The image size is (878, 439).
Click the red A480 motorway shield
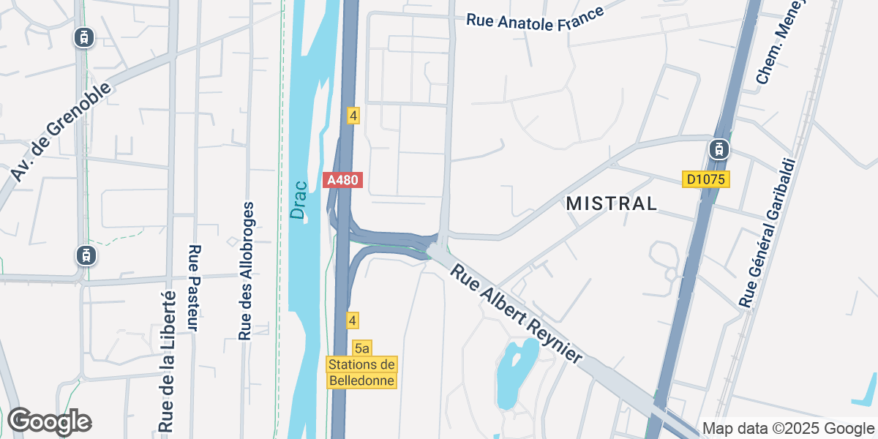(343, 180)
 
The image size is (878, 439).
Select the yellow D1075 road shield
(706, 179)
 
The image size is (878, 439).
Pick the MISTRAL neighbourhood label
(612, 204)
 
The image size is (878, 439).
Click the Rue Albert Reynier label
(517, 314)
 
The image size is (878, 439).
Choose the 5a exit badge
(361, 348)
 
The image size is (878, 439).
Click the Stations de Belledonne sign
(362, 372)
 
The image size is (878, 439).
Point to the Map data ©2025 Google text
(788, 428)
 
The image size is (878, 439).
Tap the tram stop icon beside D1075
(719, 149)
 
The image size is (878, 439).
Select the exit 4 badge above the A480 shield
(353, 115)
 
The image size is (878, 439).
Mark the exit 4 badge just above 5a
(353, 320)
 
